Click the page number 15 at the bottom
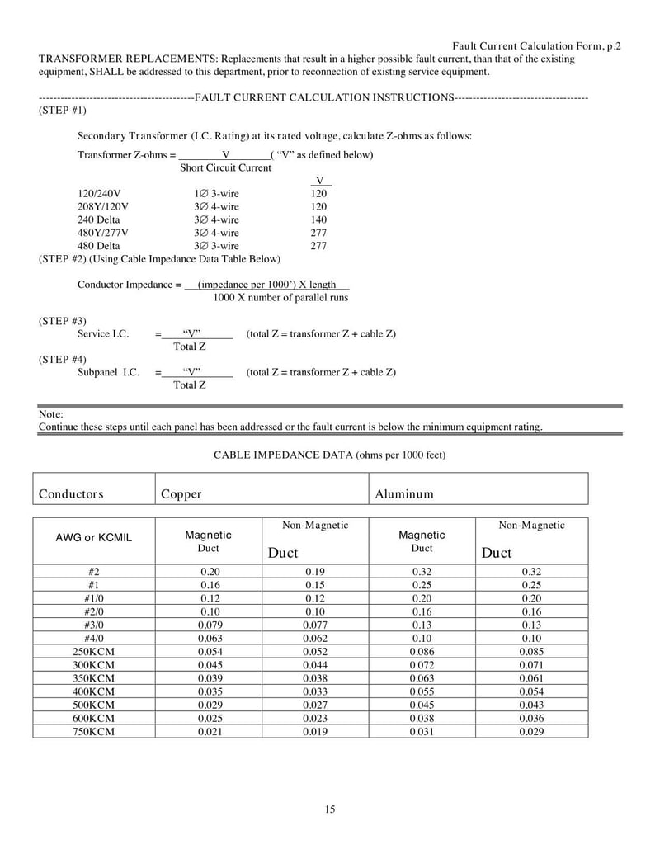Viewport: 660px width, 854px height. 330,809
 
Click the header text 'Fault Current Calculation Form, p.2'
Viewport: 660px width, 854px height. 537,46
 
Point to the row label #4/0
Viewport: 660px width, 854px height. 94,638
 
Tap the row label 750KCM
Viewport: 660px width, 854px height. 94,732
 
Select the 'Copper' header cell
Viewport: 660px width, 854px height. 181,494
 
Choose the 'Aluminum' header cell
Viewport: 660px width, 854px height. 404,494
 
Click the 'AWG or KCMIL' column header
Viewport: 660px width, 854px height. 94,538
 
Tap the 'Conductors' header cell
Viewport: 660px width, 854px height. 71,494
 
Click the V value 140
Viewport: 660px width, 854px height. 318,219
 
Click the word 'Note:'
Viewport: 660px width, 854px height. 51,414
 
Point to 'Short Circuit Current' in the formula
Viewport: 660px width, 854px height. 225,167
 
